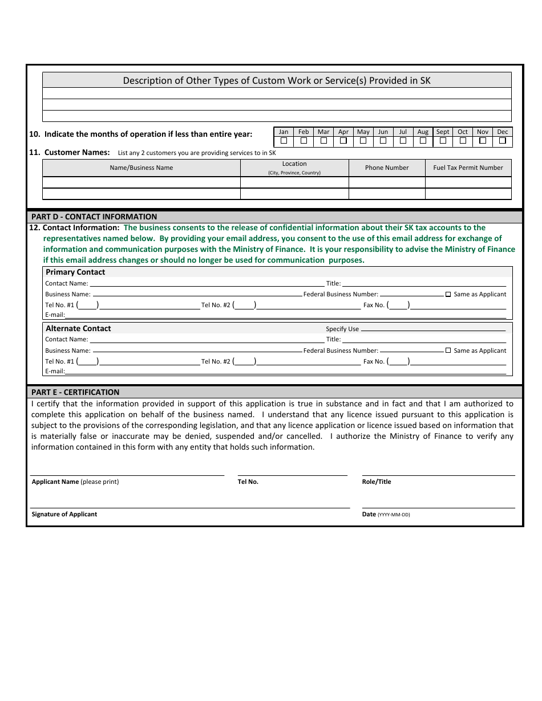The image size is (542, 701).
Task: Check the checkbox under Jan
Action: (x=284, y=141)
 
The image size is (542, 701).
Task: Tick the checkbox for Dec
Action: (x=503, y=141)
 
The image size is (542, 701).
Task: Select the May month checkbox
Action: (x=363, y=141)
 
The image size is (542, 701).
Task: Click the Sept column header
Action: (x=443, y=132)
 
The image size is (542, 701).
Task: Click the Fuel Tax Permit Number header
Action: (x=468, y=168)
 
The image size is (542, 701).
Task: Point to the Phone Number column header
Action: (x=387, y=168)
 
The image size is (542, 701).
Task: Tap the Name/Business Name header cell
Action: (x=141, y=168)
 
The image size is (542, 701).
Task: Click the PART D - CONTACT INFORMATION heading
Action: (x=94, y=217)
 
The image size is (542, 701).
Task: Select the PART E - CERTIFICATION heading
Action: (x=75, y=392)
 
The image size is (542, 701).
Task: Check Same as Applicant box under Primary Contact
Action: (x=448, y=295)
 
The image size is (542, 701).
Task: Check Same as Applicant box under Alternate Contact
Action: (x=448, y=350)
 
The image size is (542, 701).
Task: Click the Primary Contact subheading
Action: (x=75, y=272)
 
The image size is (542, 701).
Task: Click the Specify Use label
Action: (x=342, y=329)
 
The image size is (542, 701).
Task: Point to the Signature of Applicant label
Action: (x=64, y=514)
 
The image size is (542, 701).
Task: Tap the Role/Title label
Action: (x=377, y=482)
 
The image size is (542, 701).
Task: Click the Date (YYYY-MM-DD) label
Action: (x=386, y=514)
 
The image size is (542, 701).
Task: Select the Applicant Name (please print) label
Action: (x=75, y=482)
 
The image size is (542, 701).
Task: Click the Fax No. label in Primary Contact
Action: (x=374, y=305)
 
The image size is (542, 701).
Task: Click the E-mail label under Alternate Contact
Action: (x=55, y=372)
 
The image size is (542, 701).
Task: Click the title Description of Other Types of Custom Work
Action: (x=277, y=80)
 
